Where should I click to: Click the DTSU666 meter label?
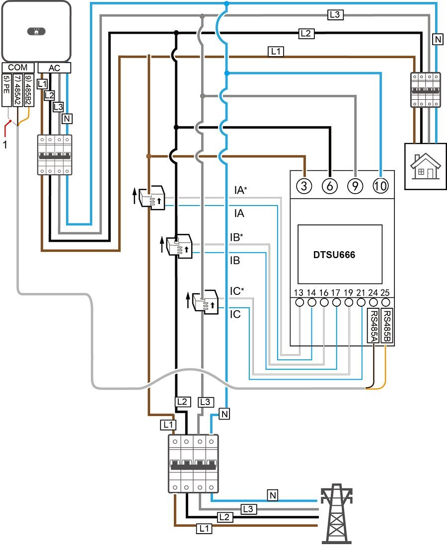click(x=334, y=255)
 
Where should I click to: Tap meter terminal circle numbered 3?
click(x=304, y=186)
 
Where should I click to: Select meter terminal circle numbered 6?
click(x=330, y=186)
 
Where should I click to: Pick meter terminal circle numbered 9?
click(x=355, y=186)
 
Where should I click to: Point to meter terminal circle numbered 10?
click(x=381, y=186)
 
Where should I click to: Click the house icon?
click(x=425, y=167)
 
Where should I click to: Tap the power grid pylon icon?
click(x=336, y=513)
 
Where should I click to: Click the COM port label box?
click(x=18, y=68)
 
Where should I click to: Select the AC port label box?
click(x=54, y=68)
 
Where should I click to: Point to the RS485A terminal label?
click(x=373, y=326)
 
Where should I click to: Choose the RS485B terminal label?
click(x=386, y=326)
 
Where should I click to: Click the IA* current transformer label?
click(x=240, y=190)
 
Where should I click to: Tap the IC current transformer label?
click(x=235, y=314)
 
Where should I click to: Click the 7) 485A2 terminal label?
click(x=17, y=90)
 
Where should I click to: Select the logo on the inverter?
click(x=36, y=31)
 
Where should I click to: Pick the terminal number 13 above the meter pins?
click(x=298, y=293)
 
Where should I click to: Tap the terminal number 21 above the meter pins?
click(x=361, y=293)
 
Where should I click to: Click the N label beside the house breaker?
click(x=438, y=40)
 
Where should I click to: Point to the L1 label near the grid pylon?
click(x=204, y=528)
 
